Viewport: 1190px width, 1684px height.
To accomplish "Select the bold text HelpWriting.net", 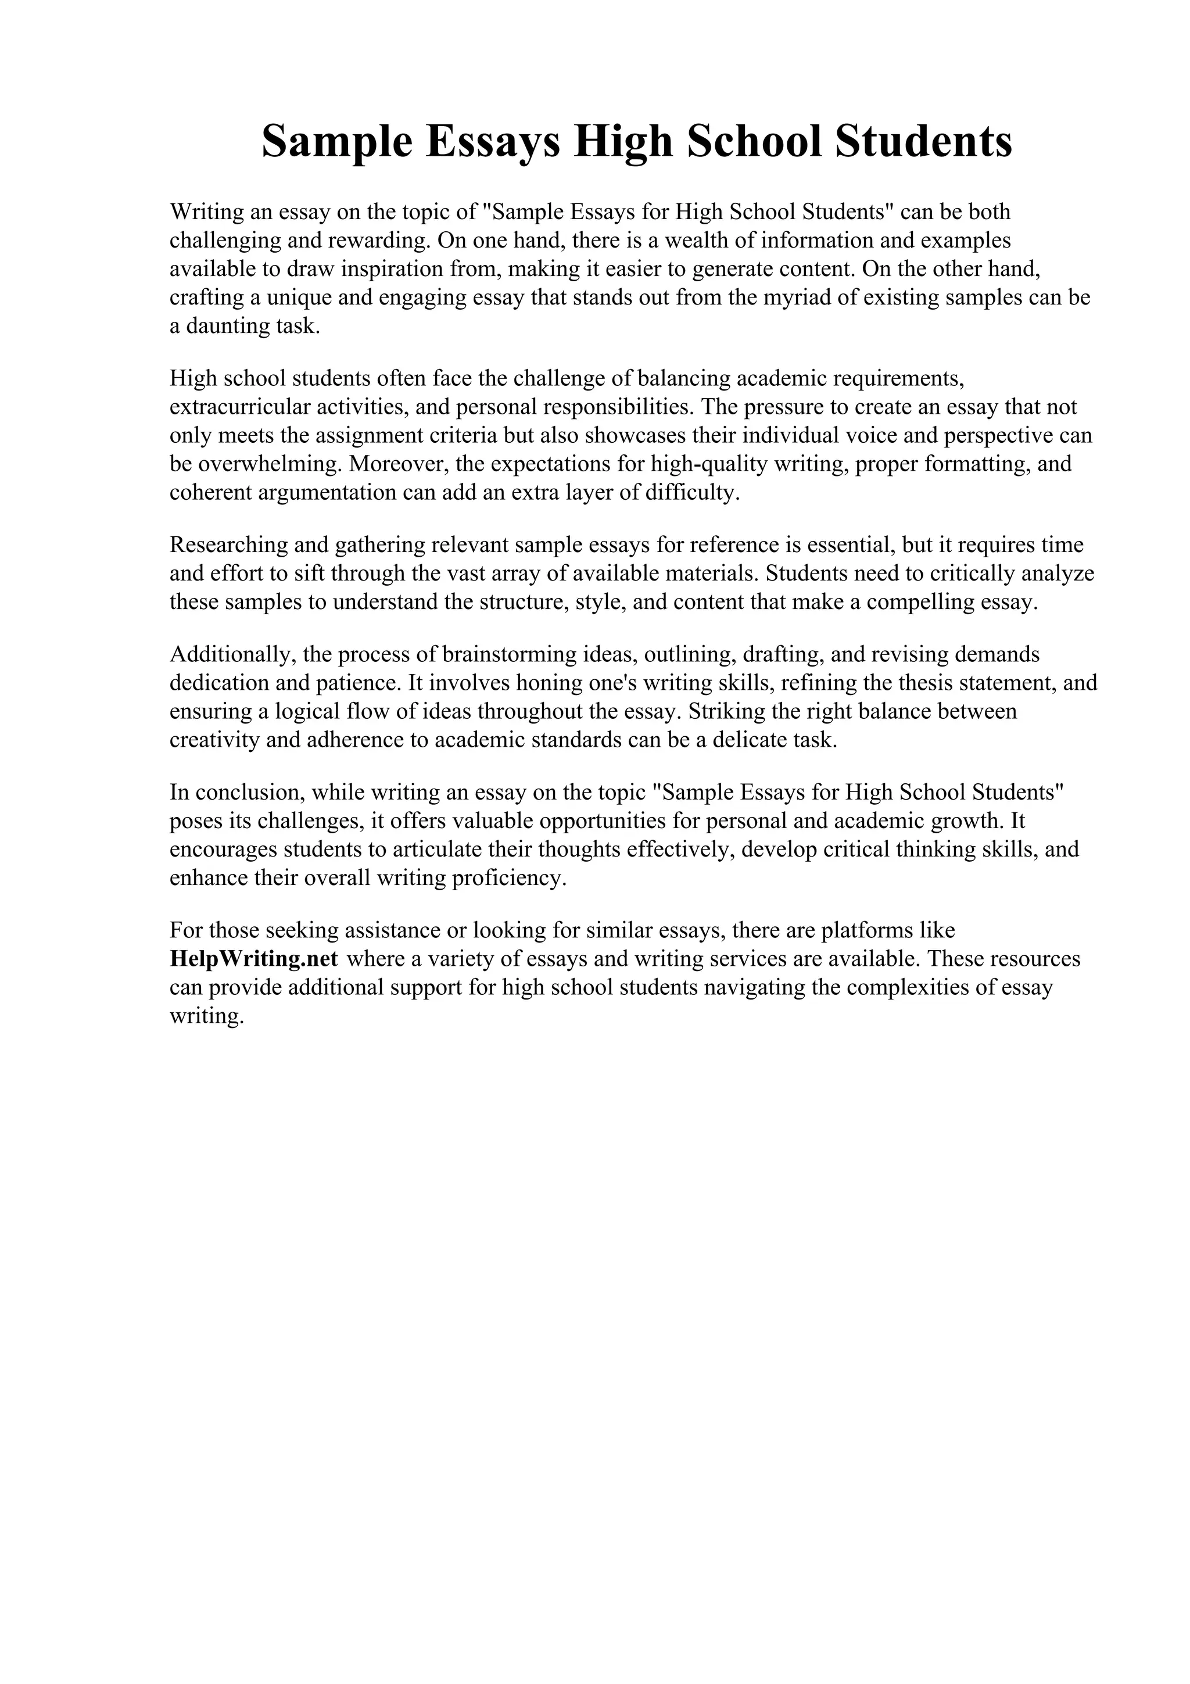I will click(x=254, y=959).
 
